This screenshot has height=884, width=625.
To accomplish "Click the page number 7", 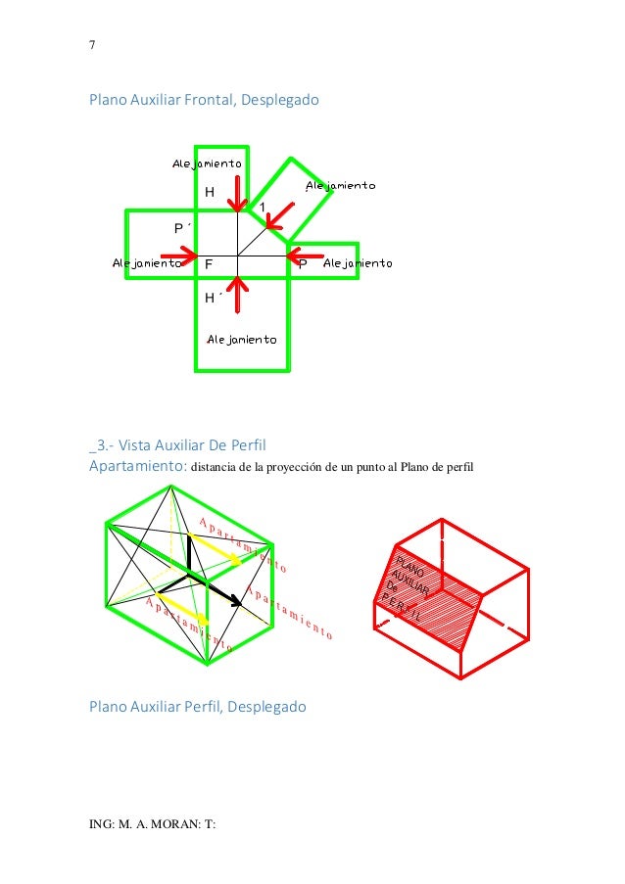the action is click(x=92, y=44).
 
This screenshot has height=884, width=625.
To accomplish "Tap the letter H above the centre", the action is click(x=210, y=193).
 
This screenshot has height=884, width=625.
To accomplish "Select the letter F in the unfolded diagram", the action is click(x=209, y=265).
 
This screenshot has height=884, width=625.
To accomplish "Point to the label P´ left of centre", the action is click(x=179, y=228).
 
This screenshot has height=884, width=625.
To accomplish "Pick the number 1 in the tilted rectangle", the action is click(x=263, y=206).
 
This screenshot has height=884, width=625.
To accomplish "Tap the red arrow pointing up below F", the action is click(x=237, y=294).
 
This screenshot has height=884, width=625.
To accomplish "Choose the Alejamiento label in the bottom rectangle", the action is click(x=241, y=340).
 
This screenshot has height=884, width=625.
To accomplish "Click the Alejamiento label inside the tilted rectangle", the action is click(x=340, y=185).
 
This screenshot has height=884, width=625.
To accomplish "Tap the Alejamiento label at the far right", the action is click(x=358, y=263).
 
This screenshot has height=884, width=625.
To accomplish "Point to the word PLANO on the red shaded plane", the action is click(x=408, y=565).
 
